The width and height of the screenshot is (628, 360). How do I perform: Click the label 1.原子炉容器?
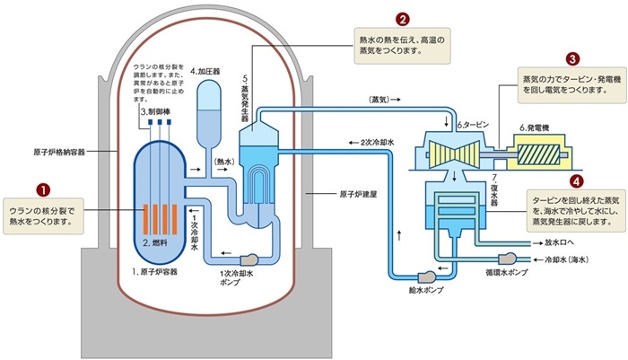tap(157, 270)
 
